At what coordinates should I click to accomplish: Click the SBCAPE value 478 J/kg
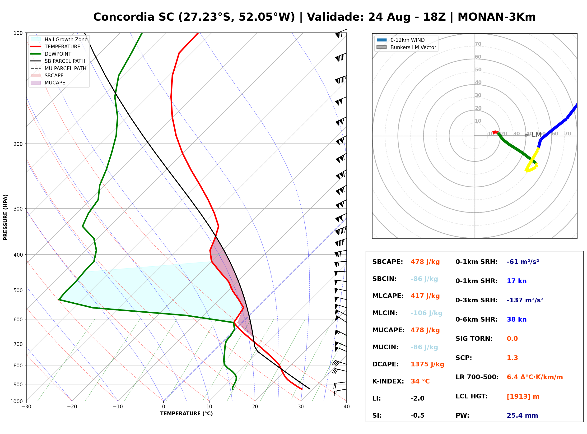pyautogui.click(x=425, y=262)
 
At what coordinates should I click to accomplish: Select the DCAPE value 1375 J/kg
pyautogui.click(x=427, y=364)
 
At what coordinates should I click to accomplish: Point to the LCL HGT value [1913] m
pyautogui.click(x=523, y=397)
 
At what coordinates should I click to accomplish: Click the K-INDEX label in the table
pyautogui.click(x=388, y=381)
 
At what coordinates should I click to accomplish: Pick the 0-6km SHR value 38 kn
pyautogui.click(x=517, y=319)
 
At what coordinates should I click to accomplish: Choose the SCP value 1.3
pyautogui.click(x=512, y=358)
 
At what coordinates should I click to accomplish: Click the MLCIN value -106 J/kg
pyautogui.click(x=426, y=313)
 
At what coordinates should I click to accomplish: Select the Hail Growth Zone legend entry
pyautogui.click(x=59, y=39)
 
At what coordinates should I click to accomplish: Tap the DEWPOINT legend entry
pyautogui.click(x=51, y=54)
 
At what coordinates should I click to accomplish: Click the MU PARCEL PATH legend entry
pyautogui.click(x=58, y=68)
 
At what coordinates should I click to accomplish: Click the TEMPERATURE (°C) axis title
pyautogui.click(x=186, y=414)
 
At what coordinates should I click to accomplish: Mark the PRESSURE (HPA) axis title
pyautogui.click(x=5, y=217)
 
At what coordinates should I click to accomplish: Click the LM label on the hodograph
pyautogui.click(x=536, y=135)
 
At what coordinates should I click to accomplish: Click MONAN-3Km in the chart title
pyautogui.click(x=497, y=17)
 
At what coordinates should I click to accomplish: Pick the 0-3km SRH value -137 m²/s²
pyautogui.click(x=525, y=300)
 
